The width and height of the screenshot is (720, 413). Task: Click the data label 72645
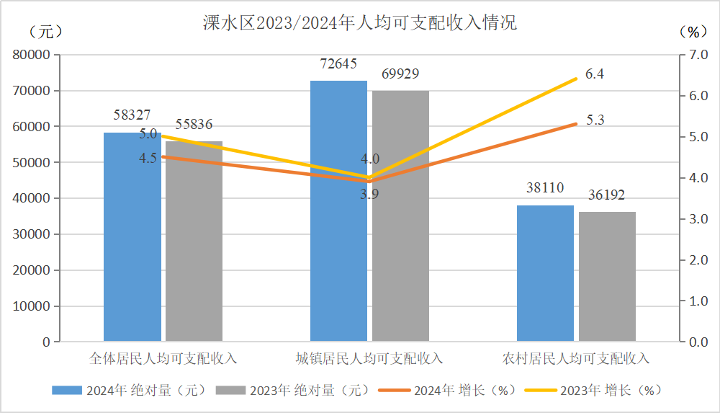point(338,64)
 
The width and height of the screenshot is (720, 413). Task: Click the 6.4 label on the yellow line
point(595,74)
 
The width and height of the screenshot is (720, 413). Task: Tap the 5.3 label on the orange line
point(595,120)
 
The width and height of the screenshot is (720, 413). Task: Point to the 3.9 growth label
point(369,193)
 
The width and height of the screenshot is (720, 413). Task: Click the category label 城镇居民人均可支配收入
point(369,358)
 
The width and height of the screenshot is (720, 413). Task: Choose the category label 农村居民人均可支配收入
point(576,358)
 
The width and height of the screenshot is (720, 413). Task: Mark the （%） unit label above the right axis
point(693,32)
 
